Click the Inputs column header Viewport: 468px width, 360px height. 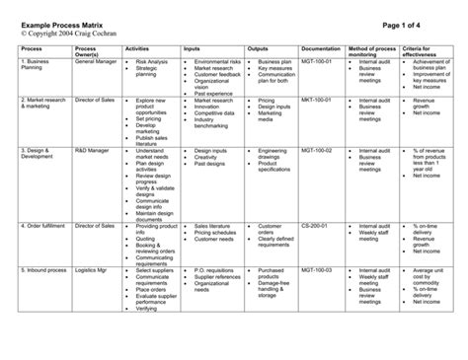tap(193, 46)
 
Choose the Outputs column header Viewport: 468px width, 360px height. tap(259, 46)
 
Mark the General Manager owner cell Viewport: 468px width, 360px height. tap(96, 61)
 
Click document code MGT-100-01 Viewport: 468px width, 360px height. tap(319, 61)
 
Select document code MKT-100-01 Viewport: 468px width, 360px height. tap(319, 100)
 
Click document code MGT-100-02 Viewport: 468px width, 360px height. tap(319, 150)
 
